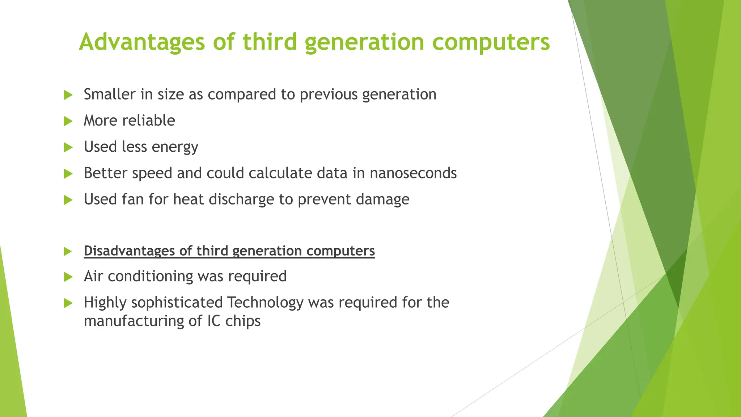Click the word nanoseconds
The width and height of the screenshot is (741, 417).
[413, 173]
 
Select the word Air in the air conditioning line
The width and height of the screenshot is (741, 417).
[93, 276]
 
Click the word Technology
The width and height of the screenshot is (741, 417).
[265, 303]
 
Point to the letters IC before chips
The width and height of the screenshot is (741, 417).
[214, 321]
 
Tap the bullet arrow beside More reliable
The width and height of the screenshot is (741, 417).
[68, 121]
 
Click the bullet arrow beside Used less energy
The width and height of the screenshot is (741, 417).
[68, 147]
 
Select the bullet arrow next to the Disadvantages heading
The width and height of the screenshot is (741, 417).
[68, 251]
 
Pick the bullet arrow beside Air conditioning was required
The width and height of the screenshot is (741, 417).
[68, 277]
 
